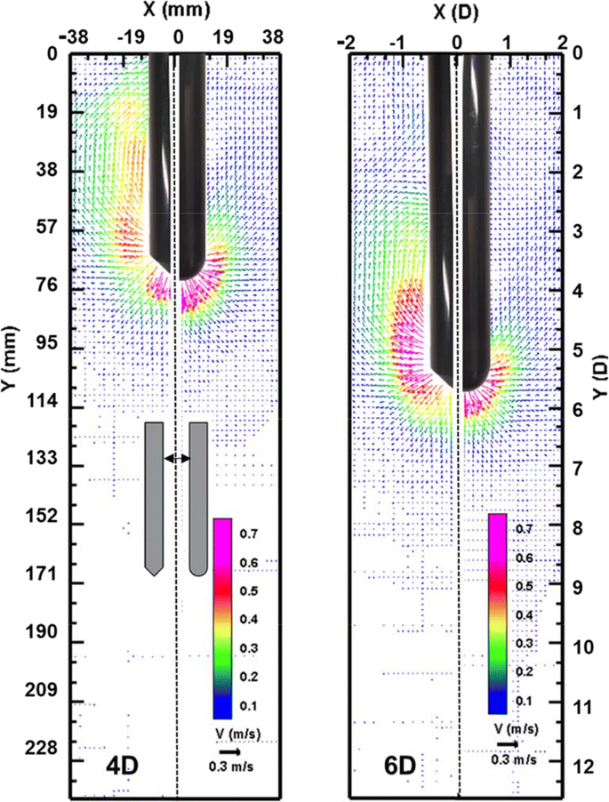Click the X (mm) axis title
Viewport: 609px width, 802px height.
pos(176,11)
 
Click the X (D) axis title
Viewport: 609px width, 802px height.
pos(455,12)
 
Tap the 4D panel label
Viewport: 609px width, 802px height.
pos(122,766)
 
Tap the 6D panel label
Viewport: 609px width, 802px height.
pos(399,766)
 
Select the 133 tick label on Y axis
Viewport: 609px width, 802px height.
pos(43,458)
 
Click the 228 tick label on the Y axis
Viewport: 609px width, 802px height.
pos(43,748)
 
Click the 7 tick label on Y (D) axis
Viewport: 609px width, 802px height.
pos(578,469)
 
